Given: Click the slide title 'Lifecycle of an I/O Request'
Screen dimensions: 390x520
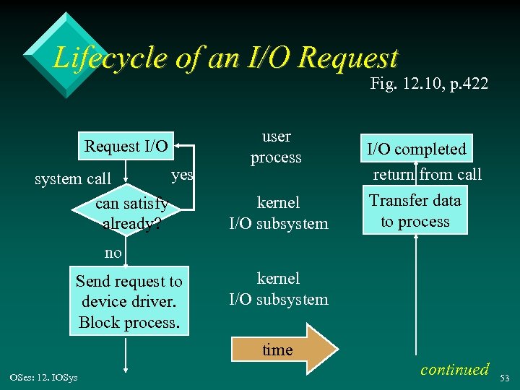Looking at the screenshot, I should tap(225, 57).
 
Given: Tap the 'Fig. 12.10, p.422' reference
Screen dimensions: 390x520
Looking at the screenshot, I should tap(429, 84).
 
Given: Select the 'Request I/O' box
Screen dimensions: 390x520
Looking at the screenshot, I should tap(126, 147).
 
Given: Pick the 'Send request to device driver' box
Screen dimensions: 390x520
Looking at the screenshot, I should tap(129, 301).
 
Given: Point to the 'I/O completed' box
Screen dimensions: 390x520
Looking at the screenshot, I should tap(417, 149).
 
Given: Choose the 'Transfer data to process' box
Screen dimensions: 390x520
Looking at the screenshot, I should tap(415, 211).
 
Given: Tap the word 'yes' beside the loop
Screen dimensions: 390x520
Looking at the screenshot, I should tap(182, 175).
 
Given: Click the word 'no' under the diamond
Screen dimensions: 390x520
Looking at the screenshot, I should tap(113, 253).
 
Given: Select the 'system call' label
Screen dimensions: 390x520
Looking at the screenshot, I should tap(73, 178).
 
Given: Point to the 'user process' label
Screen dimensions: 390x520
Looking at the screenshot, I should tap(276, 147).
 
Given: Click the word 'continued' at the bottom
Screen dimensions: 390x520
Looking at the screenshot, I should tap(454, 369).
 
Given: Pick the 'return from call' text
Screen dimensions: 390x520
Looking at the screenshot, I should tap(427, 174).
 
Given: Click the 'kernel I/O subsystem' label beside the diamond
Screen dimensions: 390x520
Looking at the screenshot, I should tap(279, 213).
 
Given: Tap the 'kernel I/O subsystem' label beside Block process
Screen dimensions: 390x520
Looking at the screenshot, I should tap(279, 288).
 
